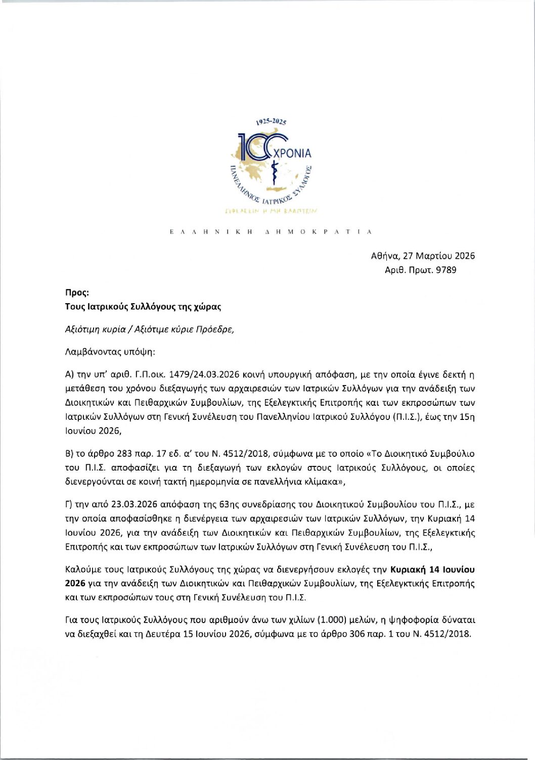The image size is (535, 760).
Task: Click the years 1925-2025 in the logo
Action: click(x=272, y=122)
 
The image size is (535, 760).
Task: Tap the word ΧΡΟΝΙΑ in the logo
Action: click(x=293, y=153)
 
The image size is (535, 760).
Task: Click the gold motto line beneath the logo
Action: click(x=271, y=210)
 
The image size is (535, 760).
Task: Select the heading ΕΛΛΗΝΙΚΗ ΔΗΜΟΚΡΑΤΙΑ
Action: click(x=271, y=231)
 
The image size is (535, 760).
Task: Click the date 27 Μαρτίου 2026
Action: click(x=438, y=256)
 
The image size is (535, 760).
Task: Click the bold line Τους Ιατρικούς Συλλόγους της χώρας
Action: click(x=143, y=306)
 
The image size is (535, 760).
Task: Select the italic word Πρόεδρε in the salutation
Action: click(x=218, y=329)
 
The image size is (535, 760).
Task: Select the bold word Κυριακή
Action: click(x=408, y=569)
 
